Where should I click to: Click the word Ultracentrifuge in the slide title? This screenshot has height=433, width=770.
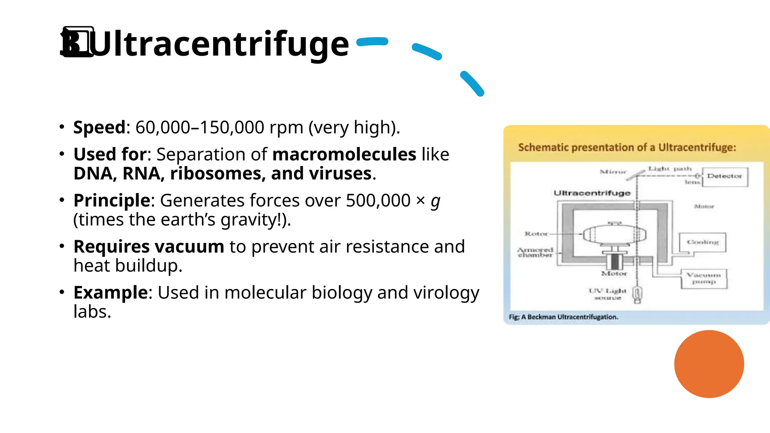click(x=220, y=44)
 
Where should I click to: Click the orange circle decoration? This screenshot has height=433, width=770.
click(x=709, y=364)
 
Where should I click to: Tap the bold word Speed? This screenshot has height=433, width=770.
click(x=99, y=127)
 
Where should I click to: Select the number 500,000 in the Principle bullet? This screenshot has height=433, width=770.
click(x=378, y=200)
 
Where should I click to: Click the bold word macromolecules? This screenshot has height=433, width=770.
click(x=344, y=154)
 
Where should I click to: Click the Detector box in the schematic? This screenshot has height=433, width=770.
click(x=725, y=177)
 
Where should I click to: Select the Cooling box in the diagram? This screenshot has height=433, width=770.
click(x=702, y=242)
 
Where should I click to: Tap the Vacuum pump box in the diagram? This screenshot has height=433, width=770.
click(x=704, y=279)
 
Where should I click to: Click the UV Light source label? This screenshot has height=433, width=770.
click(x=608, y=294)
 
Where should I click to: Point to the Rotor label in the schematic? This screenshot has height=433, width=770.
click(x=536, y=234)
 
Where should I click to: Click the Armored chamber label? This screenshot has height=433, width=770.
click(x=535, y=252)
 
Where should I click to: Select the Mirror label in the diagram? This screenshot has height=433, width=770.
click(x=613, y=172)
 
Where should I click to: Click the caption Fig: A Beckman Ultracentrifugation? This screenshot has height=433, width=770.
click(x=563, y=317)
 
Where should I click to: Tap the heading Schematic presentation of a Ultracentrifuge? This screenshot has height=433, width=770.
click(x=627, y=147)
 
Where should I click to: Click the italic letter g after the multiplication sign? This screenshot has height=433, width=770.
click(x=435, y=201)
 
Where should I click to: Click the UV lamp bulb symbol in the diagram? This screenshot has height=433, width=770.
click(x=637, y=294)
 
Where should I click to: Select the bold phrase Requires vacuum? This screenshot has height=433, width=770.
click(x=149, y=247)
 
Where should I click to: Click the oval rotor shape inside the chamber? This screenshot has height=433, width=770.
click(x=614, y=235)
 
